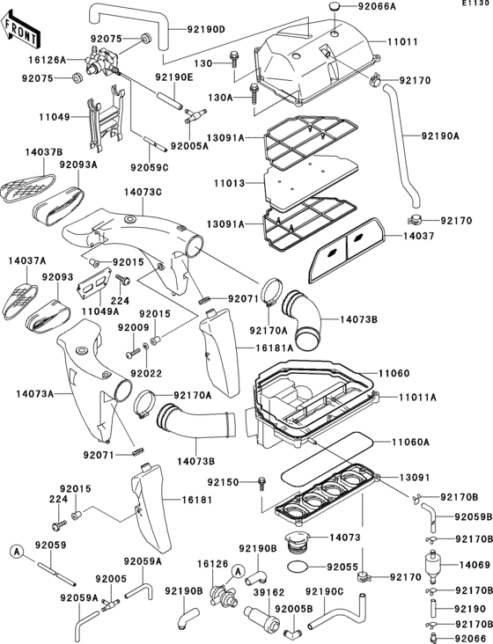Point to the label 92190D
[x=206, y=29]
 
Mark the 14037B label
[x=24, y=150]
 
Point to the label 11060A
[x=411, y=442]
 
